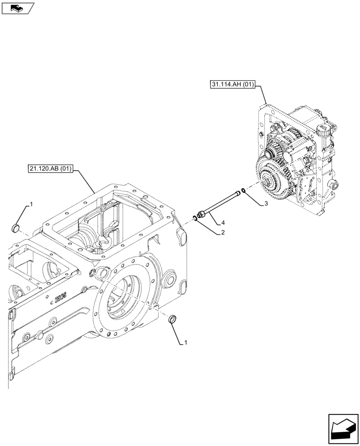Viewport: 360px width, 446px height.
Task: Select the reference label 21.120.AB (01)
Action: point(51,169)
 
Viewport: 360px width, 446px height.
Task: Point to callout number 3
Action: point(266,204)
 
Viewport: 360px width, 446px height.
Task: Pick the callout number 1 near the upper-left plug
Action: point(31,204)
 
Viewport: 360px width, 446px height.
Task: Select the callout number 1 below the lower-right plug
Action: point(185,343)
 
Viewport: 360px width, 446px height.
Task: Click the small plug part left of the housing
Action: point(15,229)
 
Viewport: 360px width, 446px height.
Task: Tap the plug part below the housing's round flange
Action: point(172,319)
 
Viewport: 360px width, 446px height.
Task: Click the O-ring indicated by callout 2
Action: point(195,218)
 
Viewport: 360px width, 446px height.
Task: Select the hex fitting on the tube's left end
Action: point(200,215)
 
